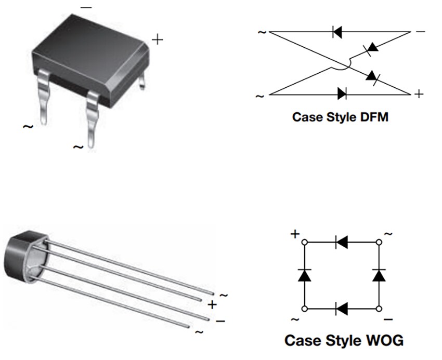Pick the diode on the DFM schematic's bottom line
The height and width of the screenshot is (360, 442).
342,94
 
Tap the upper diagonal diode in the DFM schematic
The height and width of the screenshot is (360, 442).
371,48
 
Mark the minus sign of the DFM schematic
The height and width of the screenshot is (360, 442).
420,32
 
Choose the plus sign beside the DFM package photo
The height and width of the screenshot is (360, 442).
157,39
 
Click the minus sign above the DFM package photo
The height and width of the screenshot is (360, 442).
86,8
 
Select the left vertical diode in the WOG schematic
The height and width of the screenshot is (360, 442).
304,275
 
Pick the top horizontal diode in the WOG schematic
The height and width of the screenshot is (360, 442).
342,242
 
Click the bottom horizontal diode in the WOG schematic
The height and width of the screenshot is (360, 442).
342,309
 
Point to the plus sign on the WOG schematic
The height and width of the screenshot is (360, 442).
295,234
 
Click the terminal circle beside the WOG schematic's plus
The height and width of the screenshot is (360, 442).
304,242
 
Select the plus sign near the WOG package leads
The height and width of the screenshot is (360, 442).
212,304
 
